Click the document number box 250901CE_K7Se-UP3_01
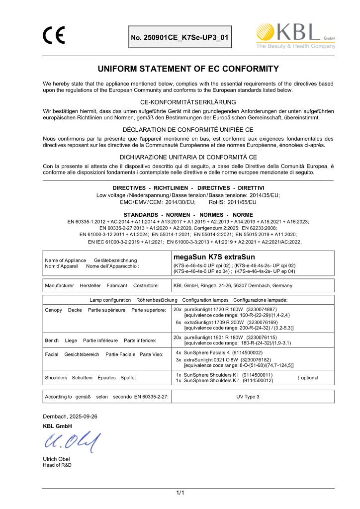coord(180,37)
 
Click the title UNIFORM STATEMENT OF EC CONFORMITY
coord(180,68)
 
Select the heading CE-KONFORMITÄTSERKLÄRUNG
coord(180,102)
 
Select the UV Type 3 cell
coord(248,397)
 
